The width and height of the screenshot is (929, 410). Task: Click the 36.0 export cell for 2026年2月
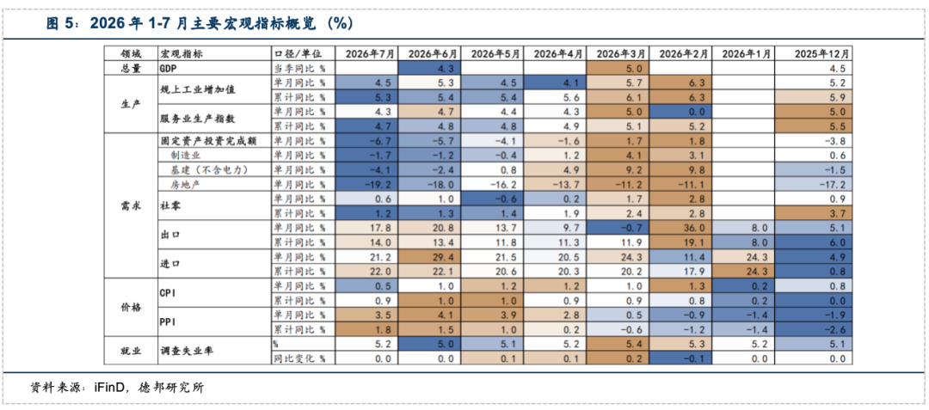click(x=682, y=228)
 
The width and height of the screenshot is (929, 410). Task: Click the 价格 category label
click(x=131, y=307)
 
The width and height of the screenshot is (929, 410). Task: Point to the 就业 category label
click(x=131, y=351)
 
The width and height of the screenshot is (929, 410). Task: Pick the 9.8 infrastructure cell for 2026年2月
click(x=682, y=169)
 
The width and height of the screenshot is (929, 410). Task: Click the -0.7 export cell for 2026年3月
click(x=618, y=228)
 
